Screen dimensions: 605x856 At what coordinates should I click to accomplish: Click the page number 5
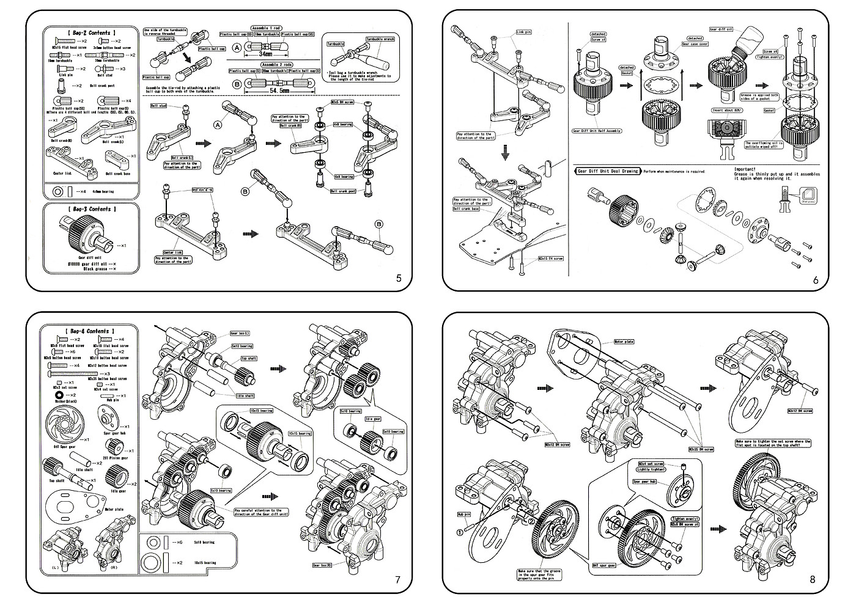coord(399,279)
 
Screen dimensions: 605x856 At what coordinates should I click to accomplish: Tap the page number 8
coord(812,580)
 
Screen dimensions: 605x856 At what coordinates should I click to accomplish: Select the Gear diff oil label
coord(721,29)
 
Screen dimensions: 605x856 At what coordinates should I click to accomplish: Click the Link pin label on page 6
coord(524,32)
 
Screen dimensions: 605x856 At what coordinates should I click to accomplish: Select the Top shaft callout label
coord(248,359)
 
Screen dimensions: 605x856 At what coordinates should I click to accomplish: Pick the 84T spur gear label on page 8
coord(603,565)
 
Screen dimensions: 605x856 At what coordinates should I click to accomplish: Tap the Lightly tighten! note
coord(650,469)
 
